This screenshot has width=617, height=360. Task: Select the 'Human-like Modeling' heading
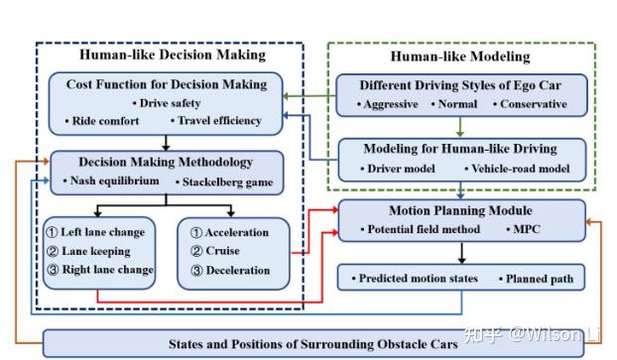459,57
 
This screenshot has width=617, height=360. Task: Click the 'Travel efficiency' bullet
219,121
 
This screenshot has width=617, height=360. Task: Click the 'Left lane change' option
102,232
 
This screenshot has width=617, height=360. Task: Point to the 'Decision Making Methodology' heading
166,162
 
